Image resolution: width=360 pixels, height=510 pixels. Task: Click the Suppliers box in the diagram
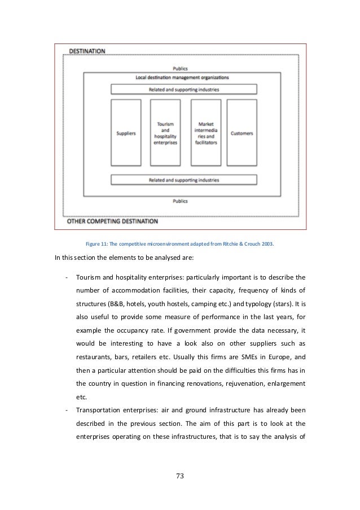[125, 134]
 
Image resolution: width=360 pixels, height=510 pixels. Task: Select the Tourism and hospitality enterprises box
[165, 134]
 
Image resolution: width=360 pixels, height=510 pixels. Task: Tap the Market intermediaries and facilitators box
[205, 134]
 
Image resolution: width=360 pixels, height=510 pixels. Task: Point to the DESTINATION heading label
[87, 51]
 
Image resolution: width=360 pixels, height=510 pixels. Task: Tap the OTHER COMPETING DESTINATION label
[113, 221]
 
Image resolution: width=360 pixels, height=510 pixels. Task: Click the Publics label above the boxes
[181, 69]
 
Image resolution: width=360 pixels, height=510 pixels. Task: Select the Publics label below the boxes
[181, 200]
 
